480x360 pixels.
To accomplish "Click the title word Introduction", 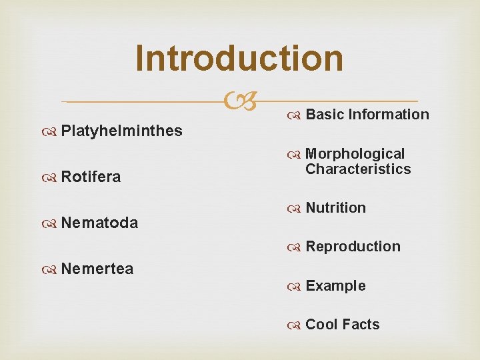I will click(239, 58).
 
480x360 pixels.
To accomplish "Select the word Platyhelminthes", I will click(121, 131).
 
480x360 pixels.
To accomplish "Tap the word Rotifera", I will click(91, 177).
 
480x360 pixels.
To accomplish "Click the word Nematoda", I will click(99, 223).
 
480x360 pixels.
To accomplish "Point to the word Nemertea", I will click(97, 269).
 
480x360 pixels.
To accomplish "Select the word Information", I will click(388, 115).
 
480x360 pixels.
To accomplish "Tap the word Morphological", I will click(355, 154).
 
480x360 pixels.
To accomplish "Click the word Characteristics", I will click(358, 169).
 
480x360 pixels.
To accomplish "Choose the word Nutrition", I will click(335, 208).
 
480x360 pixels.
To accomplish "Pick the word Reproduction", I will click(353, 247).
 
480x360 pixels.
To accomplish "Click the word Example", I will click(335, 286).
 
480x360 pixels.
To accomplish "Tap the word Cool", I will click(321, 325).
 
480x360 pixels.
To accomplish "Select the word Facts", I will click(361, 325).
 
